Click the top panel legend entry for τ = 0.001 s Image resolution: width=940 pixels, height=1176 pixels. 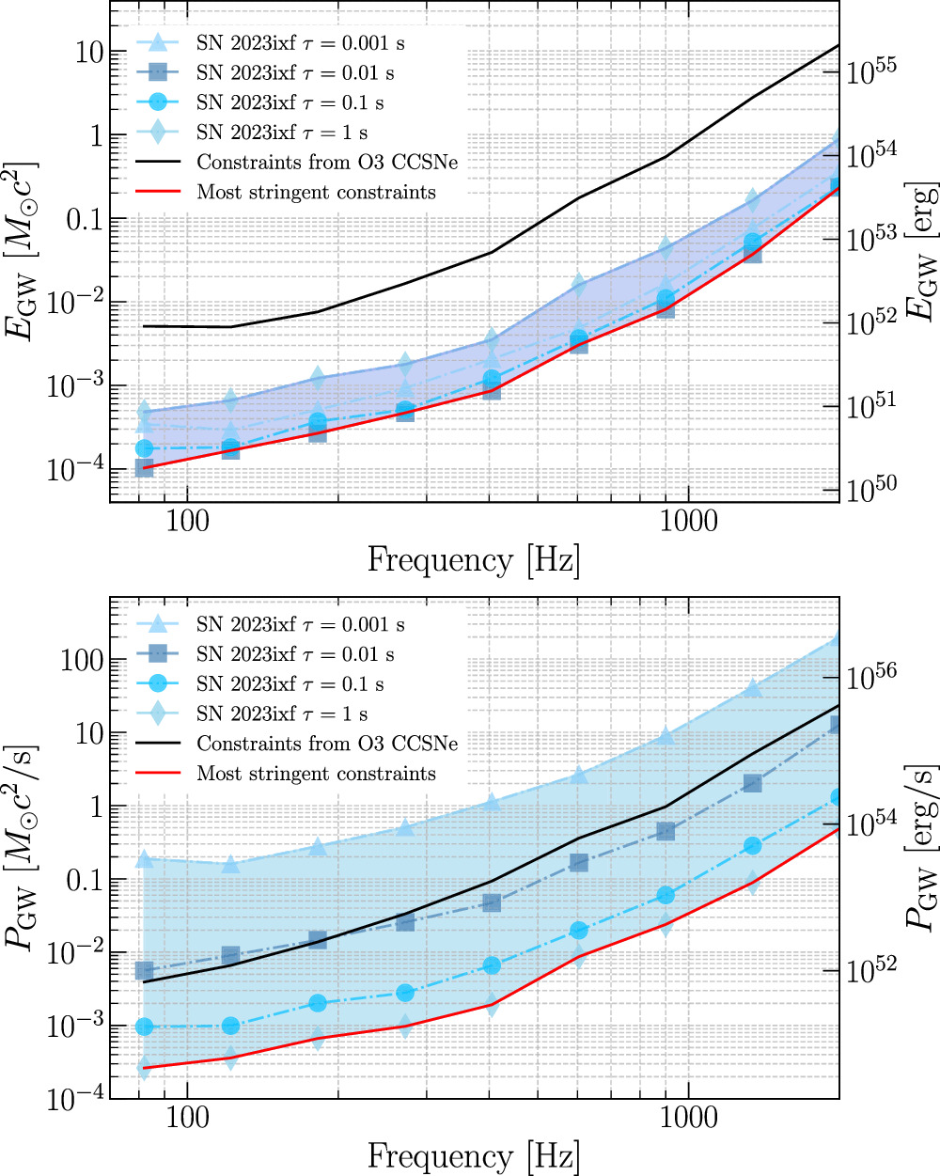pos(301,43)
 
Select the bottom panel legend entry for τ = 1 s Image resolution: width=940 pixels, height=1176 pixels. pos(282,713)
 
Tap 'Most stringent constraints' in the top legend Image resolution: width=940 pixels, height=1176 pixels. pos(316,193)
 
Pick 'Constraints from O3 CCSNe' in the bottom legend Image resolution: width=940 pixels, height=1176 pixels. pos(327,744)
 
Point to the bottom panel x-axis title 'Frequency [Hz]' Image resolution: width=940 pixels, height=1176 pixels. pos(474,1155)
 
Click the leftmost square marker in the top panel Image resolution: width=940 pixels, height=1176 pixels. pos(144,467)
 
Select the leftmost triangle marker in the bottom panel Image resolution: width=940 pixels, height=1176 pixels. pos(144,859)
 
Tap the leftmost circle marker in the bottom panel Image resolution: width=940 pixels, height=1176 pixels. pos(144,1027)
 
